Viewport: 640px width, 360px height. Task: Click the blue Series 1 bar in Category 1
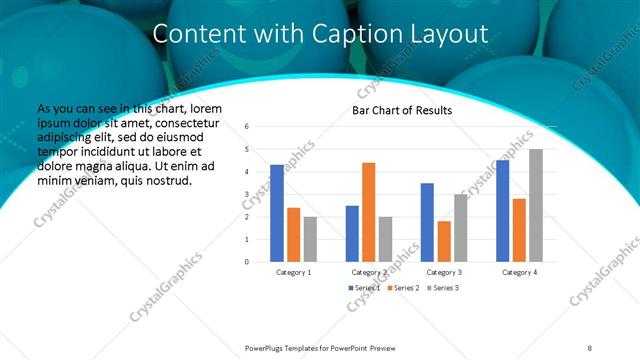point(277,213)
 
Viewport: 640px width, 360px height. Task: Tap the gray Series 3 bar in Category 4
point(536,205)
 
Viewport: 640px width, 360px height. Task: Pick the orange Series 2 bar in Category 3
point(444,241)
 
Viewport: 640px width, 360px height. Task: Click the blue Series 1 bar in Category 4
point(502,211)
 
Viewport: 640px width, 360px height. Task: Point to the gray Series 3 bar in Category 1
point(310,239)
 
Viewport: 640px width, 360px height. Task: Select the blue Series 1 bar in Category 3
point(427,222)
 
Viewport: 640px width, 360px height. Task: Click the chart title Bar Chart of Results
point(402,110)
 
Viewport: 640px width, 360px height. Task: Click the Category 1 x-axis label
point(293,272)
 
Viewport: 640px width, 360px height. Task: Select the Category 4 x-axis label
point(519,272)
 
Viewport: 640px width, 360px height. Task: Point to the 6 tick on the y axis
point(247,127)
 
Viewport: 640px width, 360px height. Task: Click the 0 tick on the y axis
point(247,262)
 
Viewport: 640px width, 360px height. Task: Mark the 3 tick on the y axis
point(247,194)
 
